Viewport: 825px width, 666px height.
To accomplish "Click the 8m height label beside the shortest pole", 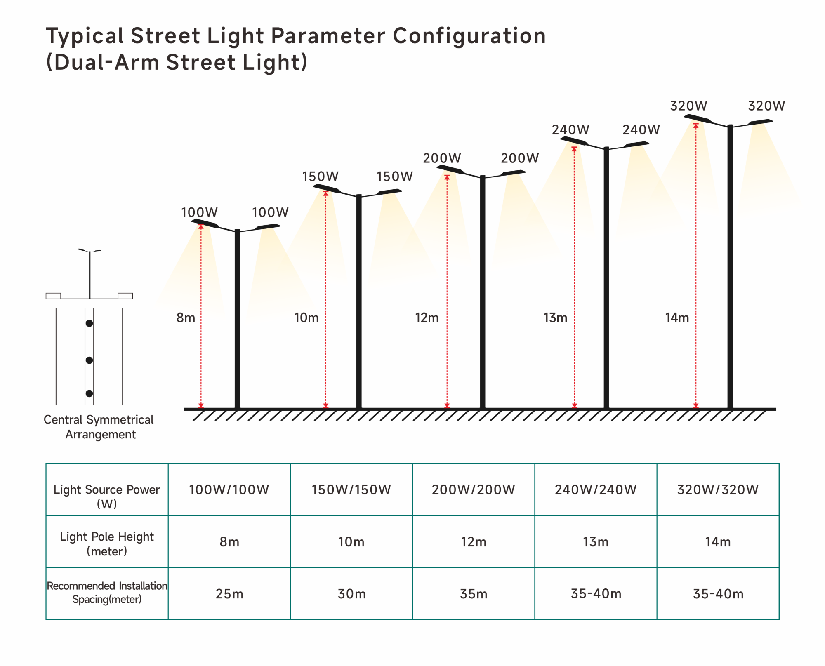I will (x=186, y=318).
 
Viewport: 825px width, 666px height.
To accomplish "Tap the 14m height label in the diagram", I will (x=676, y=318).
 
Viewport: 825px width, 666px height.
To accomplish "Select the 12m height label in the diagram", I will (x=427, y=318).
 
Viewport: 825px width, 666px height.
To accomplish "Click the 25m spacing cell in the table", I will (x=229, y=594).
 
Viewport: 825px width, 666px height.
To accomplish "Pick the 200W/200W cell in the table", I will (x=473, y=489).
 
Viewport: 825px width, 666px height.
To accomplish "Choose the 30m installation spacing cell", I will (x=351, y=594).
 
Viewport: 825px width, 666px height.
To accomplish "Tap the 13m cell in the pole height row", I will (x=595, y=541).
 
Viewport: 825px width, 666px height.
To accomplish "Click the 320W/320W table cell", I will (x=718, y=489).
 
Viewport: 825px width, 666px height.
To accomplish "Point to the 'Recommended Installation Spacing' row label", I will (x=107, y=592).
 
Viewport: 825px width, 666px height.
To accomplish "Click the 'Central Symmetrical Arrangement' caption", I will (x=99, y=427).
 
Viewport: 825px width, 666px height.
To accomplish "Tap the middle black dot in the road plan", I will (x=89, y=360).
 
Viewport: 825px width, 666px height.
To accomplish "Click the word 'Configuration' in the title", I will (x=469, y=36).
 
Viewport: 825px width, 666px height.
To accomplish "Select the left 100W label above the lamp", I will (x=199, y=212).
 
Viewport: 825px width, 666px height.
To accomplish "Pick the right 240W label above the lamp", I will (x=641, y=130).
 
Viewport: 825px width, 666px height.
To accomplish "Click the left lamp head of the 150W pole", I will (x=326, y=188).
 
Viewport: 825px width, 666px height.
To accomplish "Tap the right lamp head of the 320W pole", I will (x=760, y=122).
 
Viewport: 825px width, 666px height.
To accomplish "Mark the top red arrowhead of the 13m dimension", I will (x=574, y=149).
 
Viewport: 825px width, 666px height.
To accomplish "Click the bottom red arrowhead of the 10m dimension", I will (x=326, y=406).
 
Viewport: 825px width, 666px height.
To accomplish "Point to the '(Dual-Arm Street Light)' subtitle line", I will (x=177, y=62).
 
